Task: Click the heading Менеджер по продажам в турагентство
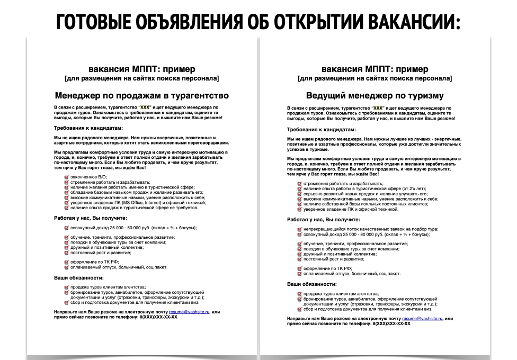(x=141, y=96)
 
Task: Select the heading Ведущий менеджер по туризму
(x=375, y=96)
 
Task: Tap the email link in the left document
(x=190, y=312)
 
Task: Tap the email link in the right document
(x=423, y=319)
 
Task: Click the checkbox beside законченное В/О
(x=66, y=177)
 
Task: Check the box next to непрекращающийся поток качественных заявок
(x=299, y=229)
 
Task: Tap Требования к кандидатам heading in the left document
(x=88, y=128)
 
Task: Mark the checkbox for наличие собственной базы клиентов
(x=299, y=204)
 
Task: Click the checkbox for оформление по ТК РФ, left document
(x=66, y=262)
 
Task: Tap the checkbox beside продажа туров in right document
(x=299, y=293)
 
